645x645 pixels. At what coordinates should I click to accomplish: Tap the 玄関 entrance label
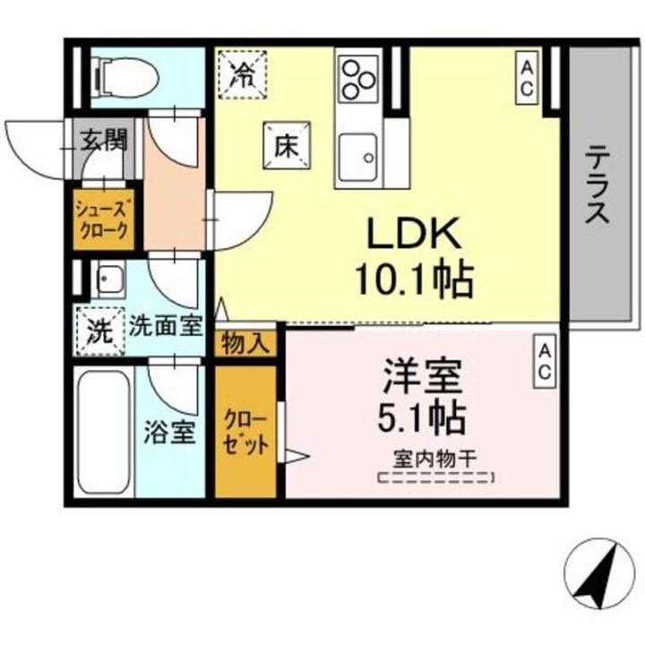106,140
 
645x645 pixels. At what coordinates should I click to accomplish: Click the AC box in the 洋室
544,362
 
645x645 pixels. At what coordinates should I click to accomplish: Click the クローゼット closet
245,431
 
